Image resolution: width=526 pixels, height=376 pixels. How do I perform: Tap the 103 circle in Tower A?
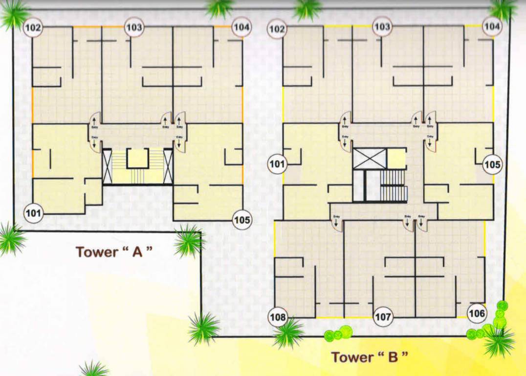tap(133, 27)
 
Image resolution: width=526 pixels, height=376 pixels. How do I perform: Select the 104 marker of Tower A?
tap(241, 27)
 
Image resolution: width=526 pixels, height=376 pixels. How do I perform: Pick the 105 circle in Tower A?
tap(241, 220)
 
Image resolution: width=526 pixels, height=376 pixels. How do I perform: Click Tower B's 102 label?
tap(277, 29)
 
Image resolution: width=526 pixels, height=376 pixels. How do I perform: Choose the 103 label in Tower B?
tap(382, 27)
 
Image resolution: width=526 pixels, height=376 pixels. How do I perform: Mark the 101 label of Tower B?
tap(277, 164)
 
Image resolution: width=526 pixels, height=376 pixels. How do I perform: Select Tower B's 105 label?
tap(492, 165)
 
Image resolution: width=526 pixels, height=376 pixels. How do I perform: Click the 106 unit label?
tap(477, 313)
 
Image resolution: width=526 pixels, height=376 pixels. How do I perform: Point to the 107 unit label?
tap(383, 317)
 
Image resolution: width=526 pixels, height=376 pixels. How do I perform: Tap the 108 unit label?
tap(278, 317)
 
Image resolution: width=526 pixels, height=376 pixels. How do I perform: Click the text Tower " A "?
tap(114, 252)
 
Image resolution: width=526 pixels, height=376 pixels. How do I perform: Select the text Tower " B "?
tap(369, 356)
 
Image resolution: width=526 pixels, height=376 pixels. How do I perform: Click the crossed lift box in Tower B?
tap(370, 159)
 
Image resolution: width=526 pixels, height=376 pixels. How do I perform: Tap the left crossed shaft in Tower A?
tap(107, 166)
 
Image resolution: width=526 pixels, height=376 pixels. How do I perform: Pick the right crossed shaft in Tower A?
tap(168, 166)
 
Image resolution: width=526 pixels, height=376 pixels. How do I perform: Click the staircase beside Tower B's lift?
tap(394, 186)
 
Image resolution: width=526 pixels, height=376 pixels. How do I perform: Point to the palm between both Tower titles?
tap(204, 328)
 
